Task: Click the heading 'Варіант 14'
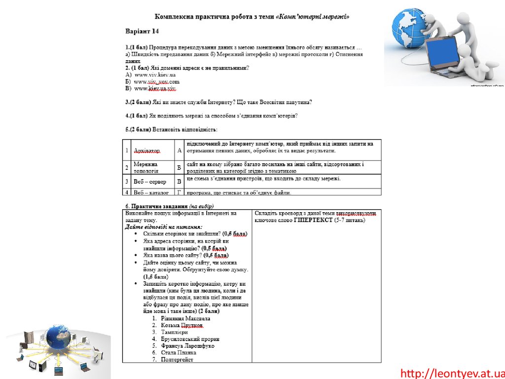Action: tap(142, 32)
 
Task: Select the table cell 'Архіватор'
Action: tap(147, 151)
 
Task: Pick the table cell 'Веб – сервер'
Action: tap(150, 181)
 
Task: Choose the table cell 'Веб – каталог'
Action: tap(151, 192)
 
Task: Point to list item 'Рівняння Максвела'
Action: tap(185, 318)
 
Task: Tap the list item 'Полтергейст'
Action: tap(177, 359)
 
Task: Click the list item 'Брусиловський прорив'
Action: tap(190, 339)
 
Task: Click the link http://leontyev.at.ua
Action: tap(452, 373)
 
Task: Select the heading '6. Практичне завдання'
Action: tap(156, 206)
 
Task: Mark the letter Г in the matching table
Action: tap(180, 192)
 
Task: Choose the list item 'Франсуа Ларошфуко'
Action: tap(187, 346)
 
